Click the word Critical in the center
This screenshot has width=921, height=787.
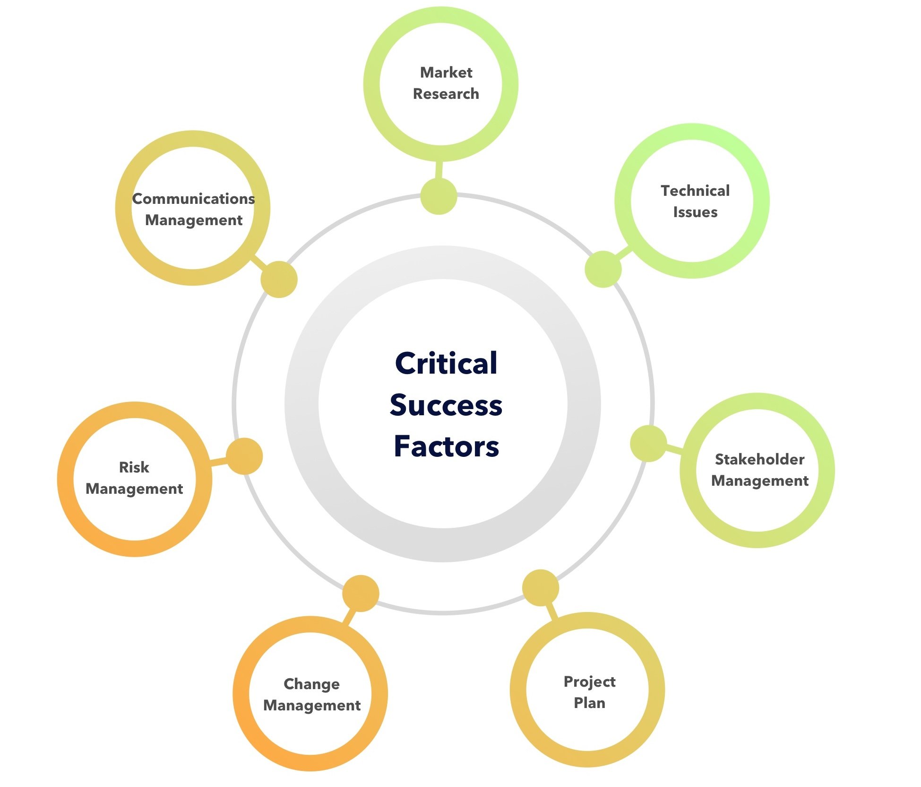tap(446, 363)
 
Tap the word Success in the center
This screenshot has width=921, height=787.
tap(446, 405)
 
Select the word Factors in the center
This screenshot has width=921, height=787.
tap(446, 446)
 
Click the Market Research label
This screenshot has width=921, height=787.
tap(446, 83)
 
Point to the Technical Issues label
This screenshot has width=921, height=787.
tap(695, 201)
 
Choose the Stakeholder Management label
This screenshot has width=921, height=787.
tap(759, 470)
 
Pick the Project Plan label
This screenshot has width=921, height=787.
tap(589, 692)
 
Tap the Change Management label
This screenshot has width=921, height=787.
tap(311, 694)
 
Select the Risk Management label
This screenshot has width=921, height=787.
tap(134, 478)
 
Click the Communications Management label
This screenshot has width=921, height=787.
tap(193, 209)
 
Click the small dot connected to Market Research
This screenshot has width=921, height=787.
tap(439, 196)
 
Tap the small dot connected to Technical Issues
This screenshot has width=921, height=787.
tap(603, 269)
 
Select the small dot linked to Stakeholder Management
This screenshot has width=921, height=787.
tap(648, 444)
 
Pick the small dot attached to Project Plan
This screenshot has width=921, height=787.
tap(541, 587)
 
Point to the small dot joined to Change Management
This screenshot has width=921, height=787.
tap(361, 593)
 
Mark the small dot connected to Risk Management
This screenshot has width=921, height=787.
tap(244, 456)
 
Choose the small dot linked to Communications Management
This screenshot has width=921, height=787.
tap(279, 279)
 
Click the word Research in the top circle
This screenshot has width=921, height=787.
tap(446, 94)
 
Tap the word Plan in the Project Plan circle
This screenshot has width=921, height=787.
tap(589, 703)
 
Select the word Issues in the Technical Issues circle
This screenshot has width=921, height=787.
tap(695, 212)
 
